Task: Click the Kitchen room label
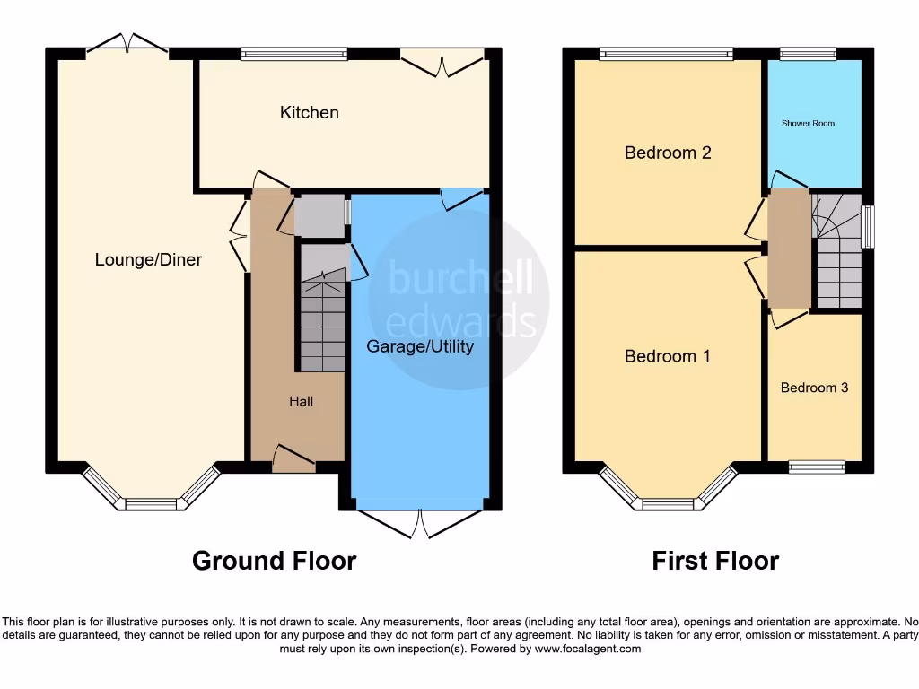[x=310, y=112]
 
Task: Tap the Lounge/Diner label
[x=149, y=259]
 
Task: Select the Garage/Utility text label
[x=420, y=345]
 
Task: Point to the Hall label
[x=301, y=401]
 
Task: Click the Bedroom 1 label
[x=668, y=356]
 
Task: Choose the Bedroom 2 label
[x=668, y=153]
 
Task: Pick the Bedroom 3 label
[x=814, y=388]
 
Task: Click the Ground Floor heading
[x=274, y=561]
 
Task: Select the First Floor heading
[x=715, y=561]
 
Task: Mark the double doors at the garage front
[x=420, y=523]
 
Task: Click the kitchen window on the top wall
[x=295, y=54]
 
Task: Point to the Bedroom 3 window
[x=817, y=467]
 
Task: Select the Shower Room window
[x=808, y=54]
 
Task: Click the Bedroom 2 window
[x=667, y=54]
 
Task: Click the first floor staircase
[x=838, y=256]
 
